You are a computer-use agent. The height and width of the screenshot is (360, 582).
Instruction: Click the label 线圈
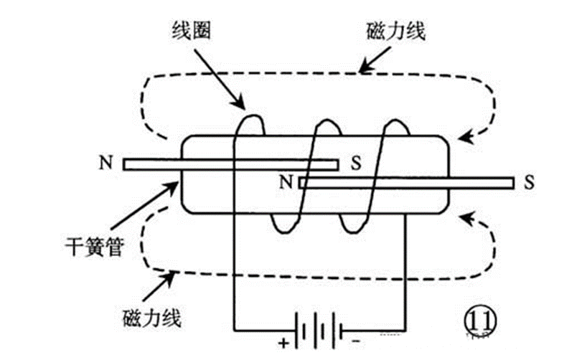191,30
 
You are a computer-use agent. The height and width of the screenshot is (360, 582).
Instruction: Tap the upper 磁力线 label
395,32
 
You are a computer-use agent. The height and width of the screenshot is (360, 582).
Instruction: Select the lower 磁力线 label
152,318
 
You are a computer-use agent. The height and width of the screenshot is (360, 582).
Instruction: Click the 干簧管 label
95,247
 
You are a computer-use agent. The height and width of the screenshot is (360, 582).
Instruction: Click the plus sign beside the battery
283,343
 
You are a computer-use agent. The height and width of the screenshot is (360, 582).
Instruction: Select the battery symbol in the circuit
319,330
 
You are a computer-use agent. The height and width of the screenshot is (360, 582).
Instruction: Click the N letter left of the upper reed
106,162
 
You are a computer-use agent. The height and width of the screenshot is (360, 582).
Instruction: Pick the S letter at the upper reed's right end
356,162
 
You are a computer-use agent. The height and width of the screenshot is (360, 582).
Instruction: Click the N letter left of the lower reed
286,182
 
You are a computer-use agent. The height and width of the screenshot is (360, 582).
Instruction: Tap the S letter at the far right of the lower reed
530,182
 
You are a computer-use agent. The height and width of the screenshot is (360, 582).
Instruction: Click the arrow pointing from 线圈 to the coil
220,79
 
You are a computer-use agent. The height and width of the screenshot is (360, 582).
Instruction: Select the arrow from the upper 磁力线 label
375,60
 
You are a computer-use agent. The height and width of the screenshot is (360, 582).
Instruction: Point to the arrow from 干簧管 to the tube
144,205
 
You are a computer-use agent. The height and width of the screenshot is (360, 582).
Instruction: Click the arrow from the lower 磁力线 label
159,285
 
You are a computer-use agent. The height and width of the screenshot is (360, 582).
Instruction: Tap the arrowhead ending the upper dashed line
466,136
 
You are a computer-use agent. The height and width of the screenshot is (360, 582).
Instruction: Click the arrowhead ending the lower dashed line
466,218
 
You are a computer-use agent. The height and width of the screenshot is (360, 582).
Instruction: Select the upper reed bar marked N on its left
231,164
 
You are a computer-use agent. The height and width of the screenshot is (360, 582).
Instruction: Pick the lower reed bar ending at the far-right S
406,183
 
